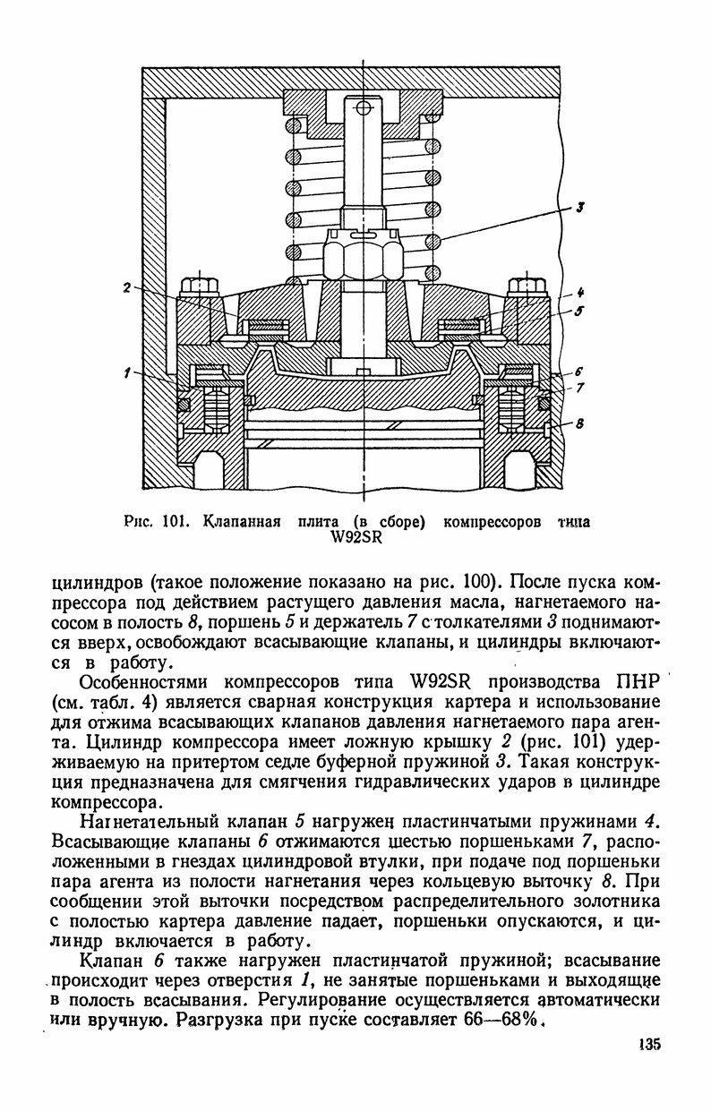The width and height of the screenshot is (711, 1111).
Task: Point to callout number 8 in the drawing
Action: [x=578, y=425]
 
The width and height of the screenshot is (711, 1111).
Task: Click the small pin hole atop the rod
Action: [x=363, y=108]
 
